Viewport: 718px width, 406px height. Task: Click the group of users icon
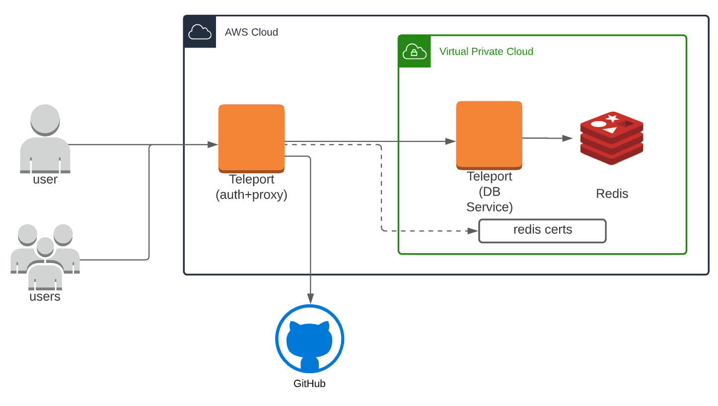tap(45, 256)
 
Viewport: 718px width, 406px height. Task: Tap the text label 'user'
tap(45, 180)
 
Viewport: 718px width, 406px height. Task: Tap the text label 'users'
tap(45, 297)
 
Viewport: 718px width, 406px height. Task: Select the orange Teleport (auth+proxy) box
tap(251, 138)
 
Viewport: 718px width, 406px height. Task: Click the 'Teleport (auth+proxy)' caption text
tap(251, 187)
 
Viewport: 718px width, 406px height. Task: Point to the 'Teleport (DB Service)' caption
tap(489, 192)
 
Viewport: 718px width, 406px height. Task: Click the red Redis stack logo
tap(612, 138)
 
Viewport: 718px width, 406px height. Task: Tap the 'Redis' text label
tap(612, 194)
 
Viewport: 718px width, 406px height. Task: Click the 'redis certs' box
tap(542, 231)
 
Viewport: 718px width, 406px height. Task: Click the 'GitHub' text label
tap(309, 383)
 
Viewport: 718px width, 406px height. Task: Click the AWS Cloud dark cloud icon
tap(200, 32)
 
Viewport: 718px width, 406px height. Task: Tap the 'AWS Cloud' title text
tap(251, 32)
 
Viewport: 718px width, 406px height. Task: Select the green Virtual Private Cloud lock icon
tap(415, 51)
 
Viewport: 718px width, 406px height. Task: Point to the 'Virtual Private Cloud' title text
tap(486, 52)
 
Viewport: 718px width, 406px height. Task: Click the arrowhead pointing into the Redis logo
tap(568, 138)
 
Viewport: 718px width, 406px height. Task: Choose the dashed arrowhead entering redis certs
tap(472, 231)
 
